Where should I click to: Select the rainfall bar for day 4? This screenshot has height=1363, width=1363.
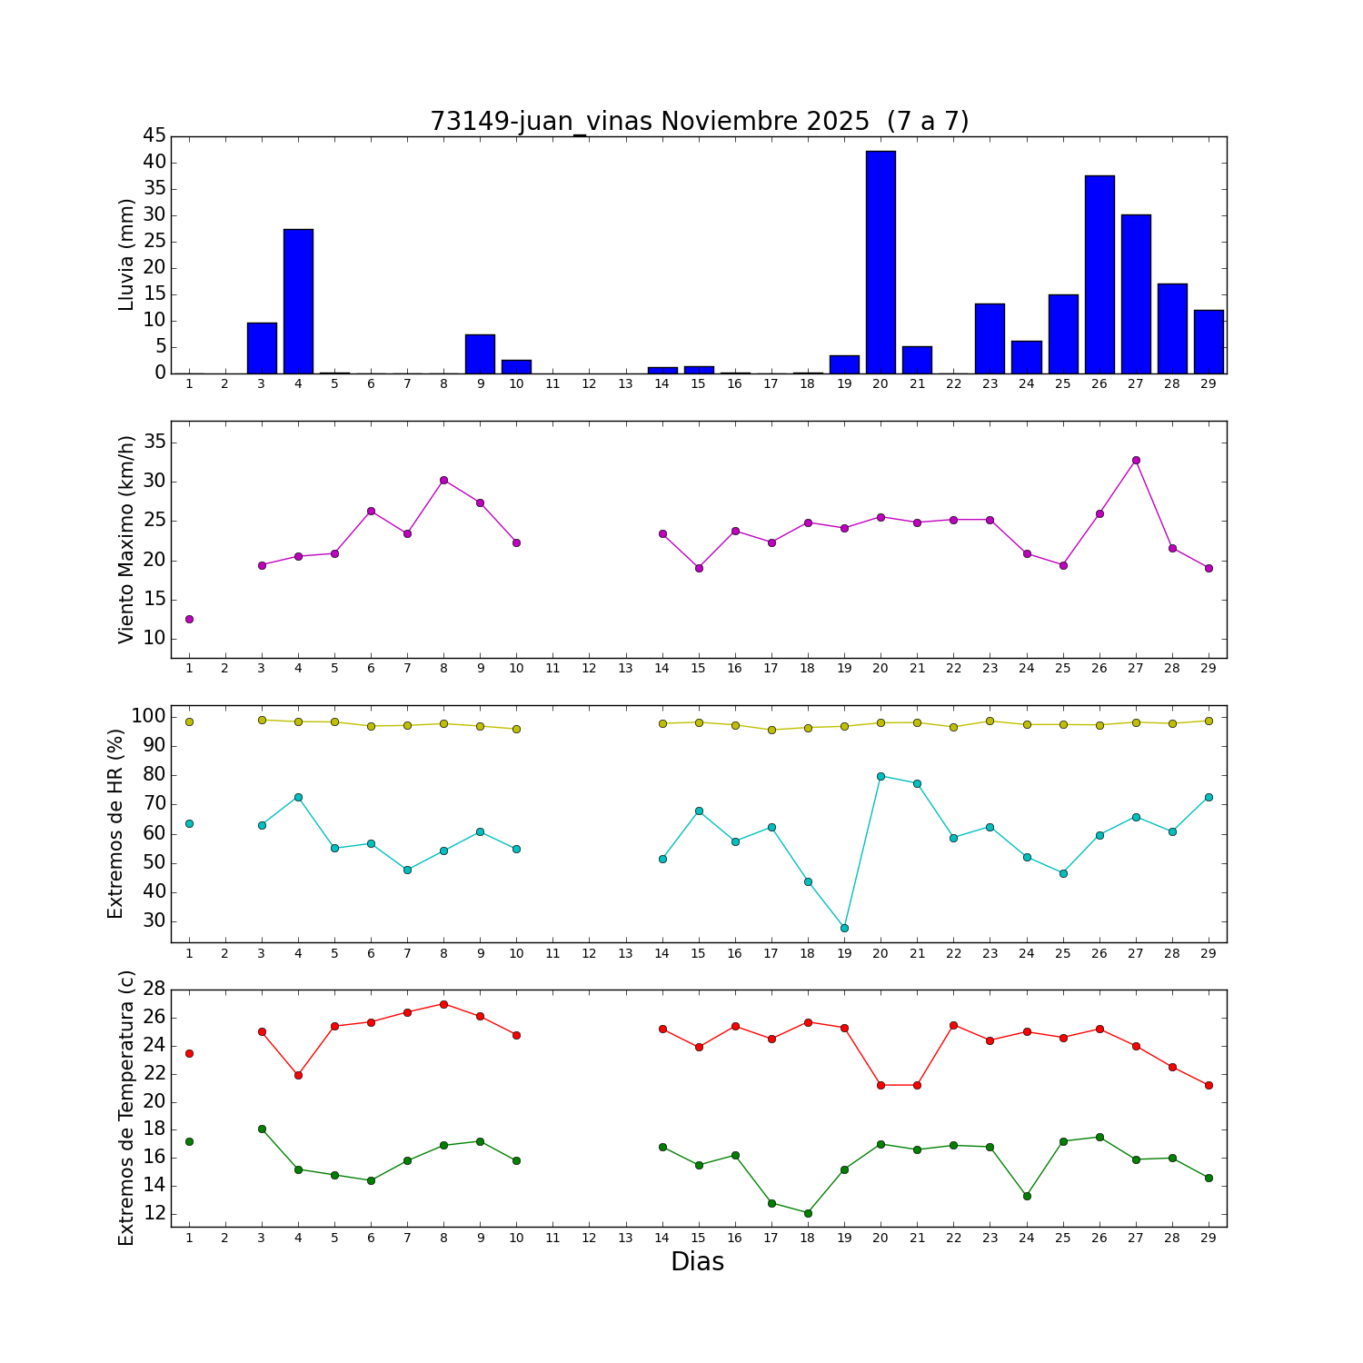[298, 301]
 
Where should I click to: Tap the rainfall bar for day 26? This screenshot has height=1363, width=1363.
[1099, 274]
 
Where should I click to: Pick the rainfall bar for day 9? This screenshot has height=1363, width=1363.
[480, 353]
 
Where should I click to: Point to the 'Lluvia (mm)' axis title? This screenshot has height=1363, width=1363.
[126, 254]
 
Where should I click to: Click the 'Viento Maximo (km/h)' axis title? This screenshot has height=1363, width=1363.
[126, 539]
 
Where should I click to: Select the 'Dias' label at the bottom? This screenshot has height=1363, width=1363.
[697, 1261]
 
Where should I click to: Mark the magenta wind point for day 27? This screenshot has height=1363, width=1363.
[1136, 460]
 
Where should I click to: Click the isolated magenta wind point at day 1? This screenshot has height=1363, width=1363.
[189, 619]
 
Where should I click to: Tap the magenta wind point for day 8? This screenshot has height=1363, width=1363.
[443, 480]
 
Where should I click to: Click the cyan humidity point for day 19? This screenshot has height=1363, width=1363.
[844, 928]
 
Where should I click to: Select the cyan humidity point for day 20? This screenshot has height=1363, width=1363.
[880, 776]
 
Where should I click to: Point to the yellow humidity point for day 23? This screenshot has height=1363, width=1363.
[990, 721]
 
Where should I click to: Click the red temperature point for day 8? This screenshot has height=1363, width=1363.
[443, 1004]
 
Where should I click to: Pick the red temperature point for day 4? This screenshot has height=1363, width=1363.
[298, 1075]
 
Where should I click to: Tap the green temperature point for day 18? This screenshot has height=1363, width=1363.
[808, 1213]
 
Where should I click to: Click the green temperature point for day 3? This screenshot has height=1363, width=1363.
[262, 1129]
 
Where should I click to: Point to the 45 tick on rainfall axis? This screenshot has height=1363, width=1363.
[154, 135]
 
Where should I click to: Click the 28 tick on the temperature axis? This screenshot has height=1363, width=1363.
[154, 989]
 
